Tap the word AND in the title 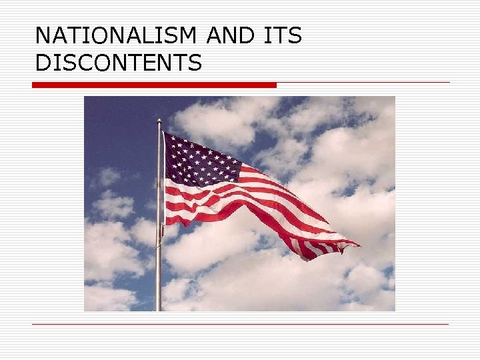pos(231,36)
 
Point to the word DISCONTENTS pos(118,63)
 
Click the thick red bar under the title pos(154,85)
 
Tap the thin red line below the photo pos(240,325)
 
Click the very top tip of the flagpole pos(159,121)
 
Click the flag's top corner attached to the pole pos(164,133)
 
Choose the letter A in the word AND pos(215,36)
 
